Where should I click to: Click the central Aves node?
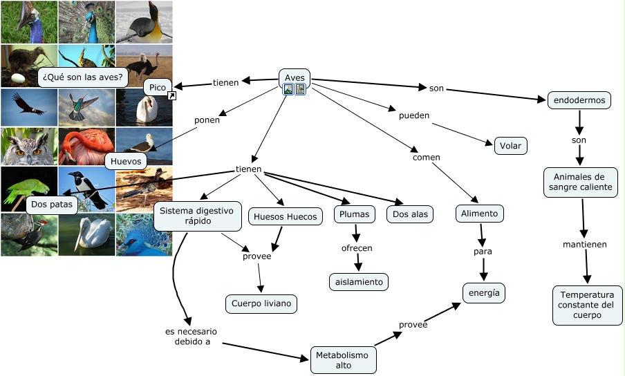pyautogui.click(x=295, y=77)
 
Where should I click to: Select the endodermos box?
pyautogui.click(x=579, y=100)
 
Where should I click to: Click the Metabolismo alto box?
pyautogui.click(x=344, y=360)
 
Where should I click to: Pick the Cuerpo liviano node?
pyautogui.click(x=261, y=303)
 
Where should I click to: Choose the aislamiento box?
pyautogui.click(x=358, y=281)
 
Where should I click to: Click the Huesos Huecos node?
pyautogui.click(x=285, y=217)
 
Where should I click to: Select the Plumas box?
pyautogui.click(x=355, y=214)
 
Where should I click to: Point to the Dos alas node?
pyautogui.click(x=410, y=214)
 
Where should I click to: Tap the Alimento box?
pyautogui.click(x=480, y=214)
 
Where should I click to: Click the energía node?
pyautogui.click(x=484, y=292)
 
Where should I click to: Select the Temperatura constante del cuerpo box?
pyautogui.click(x=587, y=305)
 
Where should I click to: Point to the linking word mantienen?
pyautogui.click(x=585, y=244)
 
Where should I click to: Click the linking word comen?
pyautogui.click(x=427, y=158)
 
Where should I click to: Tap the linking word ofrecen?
pyautogui.click(x=357, y=247)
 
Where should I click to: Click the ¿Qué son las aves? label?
pyautogui.click(x=82, y=77)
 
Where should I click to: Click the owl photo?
pyautogui.click(x=28, y=146)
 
